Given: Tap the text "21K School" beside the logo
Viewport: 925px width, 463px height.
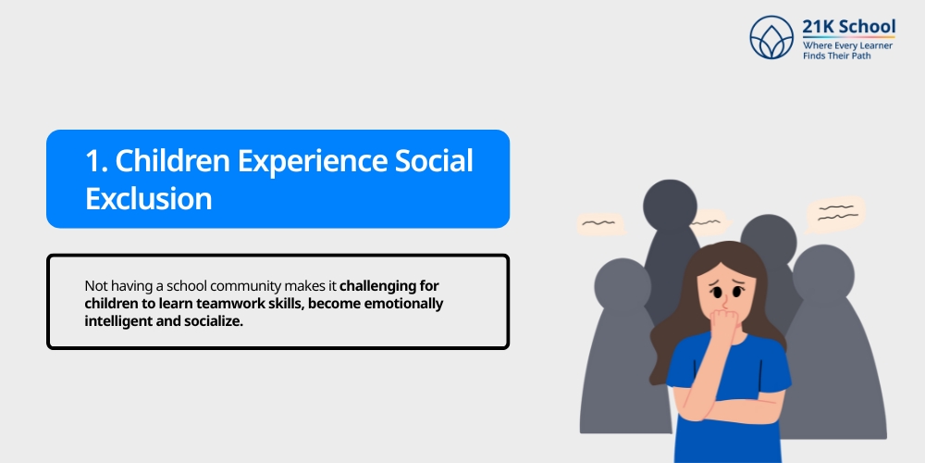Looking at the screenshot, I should coord(849,26).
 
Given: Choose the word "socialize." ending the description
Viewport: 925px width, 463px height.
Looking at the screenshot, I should coord(212,321).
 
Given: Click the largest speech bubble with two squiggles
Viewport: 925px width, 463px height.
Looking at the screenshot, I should coord(835,212).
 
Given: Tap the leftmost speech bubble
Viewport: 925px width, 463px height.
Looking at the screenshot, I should coord(600,223).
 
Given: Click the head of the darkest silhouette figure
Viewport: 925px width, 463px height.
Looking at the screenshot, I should coord(670,205).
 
